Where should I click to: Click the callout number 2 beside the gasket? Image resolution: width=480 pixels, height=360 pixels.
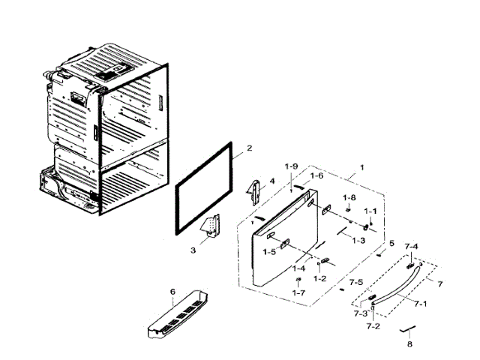click(250, 148)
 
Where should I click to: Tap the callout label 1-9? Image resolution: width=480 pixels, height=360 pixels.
click(291, 166)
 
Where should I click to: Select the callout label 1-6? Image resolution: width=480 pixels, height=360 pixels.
click(316, 175)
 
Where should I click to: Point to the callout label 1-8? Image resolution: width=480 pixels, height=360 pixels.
click(349, 197)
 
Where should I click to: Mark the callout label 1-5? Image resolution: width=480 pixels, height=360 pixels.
click(270, 253)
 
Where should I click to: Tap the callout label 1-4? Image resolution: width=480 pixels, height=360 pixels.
click(299, 268)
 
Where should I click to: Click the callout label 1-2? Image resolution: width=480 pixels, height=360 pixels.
click(320, 278)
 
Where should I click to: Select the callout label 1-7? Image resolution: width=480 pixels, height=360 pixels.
click(298, 292)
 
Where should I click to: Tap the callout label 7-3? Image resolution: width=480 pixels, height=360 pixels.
click(360, 313)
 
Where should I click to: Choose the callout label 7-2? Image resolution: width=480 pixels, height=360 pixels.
click(373, 327)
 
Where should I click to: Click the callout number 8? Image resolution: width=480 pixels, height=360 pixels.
click(409, 344)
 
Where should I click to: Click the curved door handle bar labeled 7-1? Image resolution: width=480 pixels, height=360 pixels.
click(397, 285)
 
